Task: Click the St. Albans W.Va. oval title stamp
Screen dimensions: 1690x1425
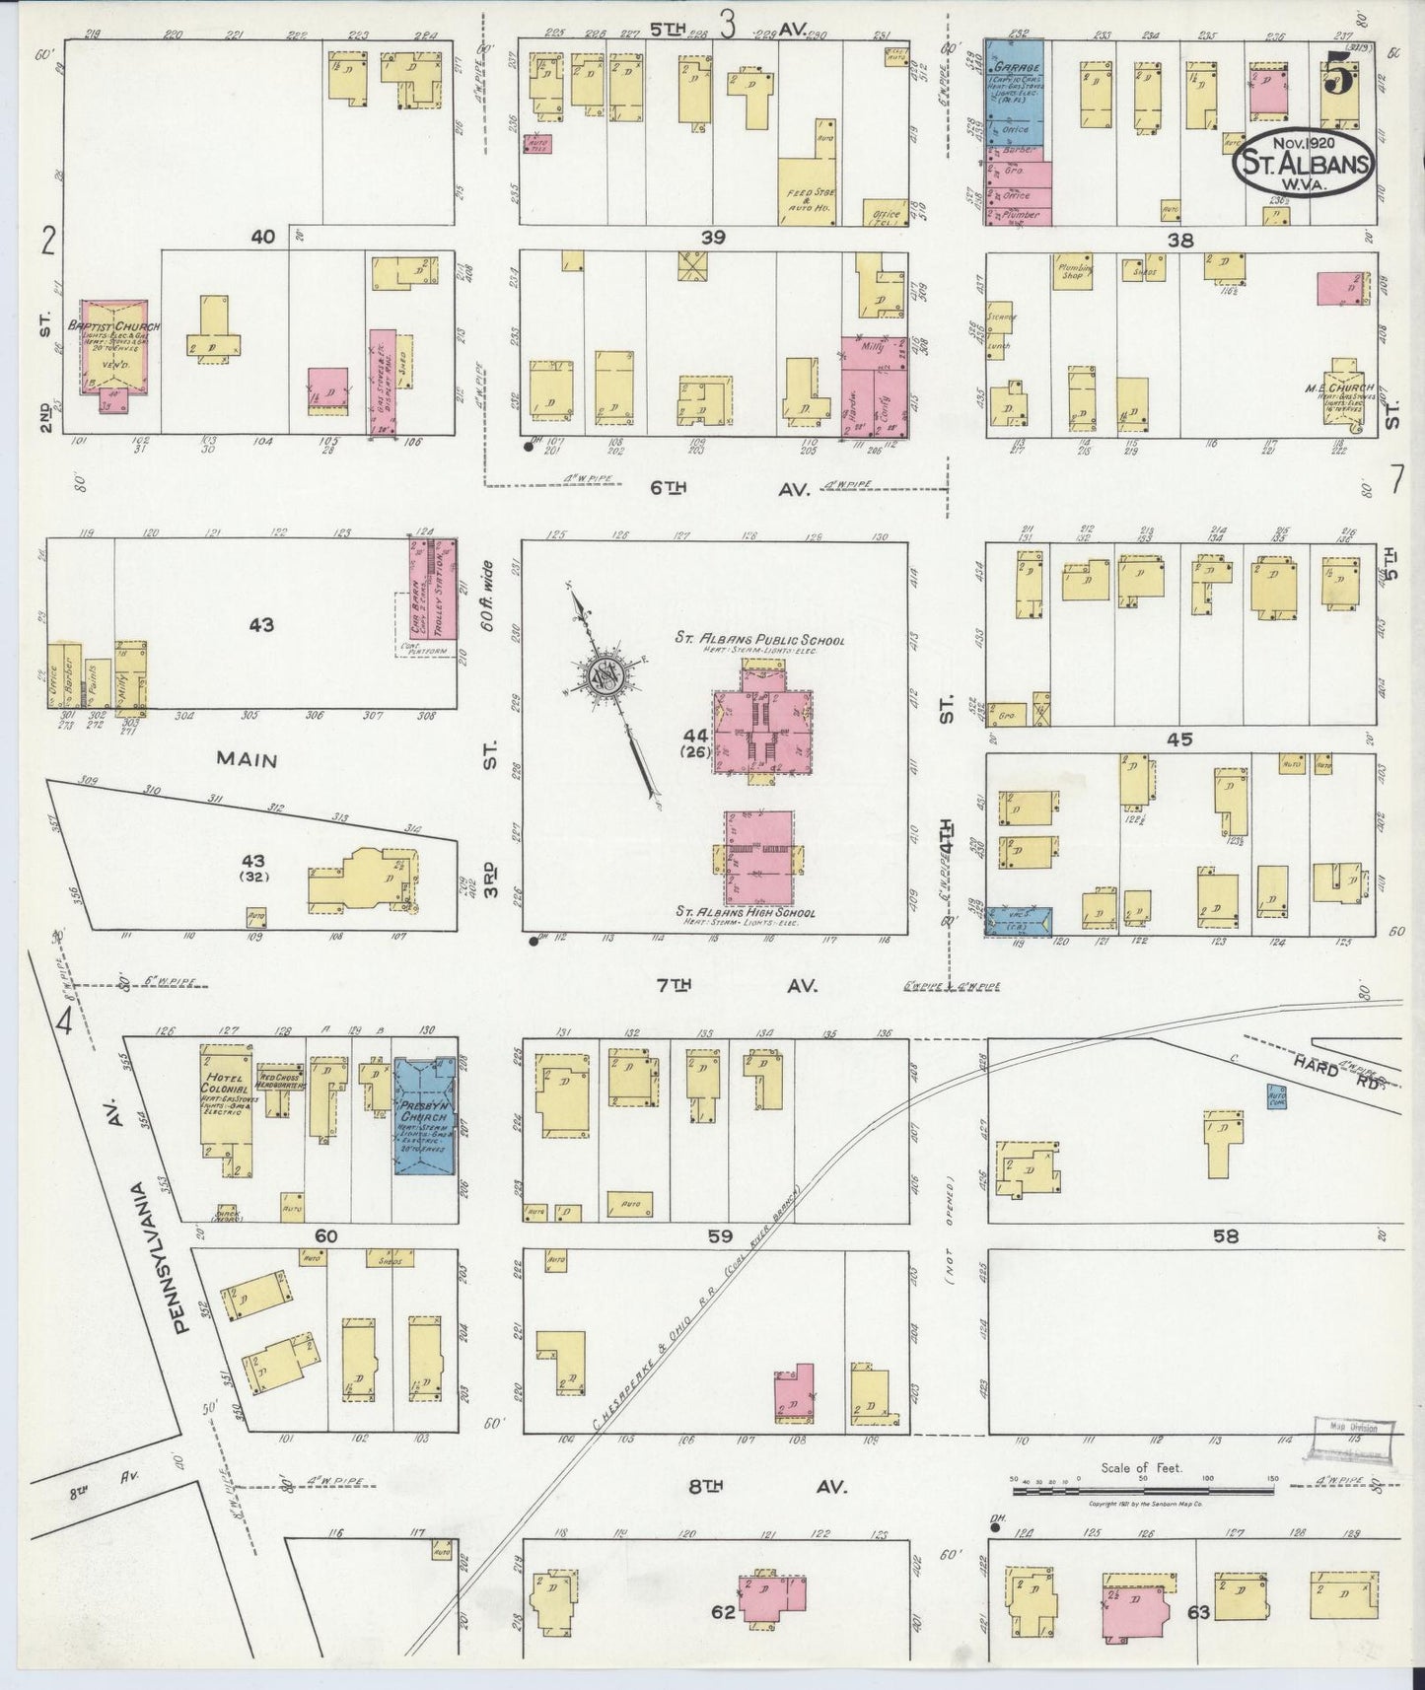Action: point(1302,163)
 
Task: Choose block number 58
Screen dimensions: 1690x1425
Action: point(1225,1236)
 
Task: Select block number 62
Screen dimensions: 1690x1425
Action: point(724,1612)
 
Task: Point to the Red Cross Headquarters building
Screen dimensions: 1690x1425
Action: point(279,1077)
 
